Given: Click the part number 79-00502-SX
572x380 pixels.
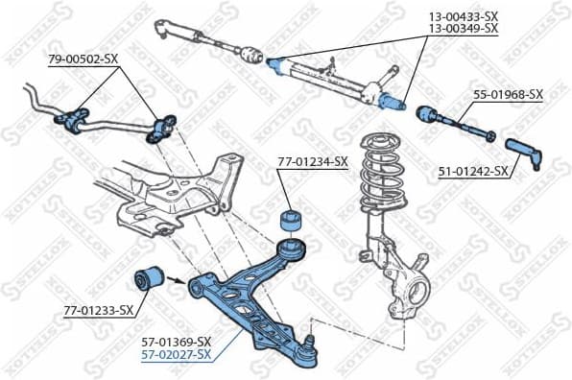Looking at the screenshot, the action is pyautogui.click(x=83, y=59).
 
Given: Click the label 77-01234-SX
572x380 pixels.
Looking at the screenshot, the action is pyautogui.click(x=312, y=162).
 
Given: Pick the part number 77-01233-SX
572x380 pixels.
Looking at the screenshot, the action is pyautogui.click(x=98, y=311).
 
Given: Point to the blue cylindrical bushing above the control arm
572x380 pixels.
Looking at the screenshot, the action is pyautogui.click(x=291, y=219).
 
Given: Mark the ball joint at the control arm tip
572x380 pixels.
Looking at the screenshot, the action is pyautogui.click(x=306, y=351).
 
